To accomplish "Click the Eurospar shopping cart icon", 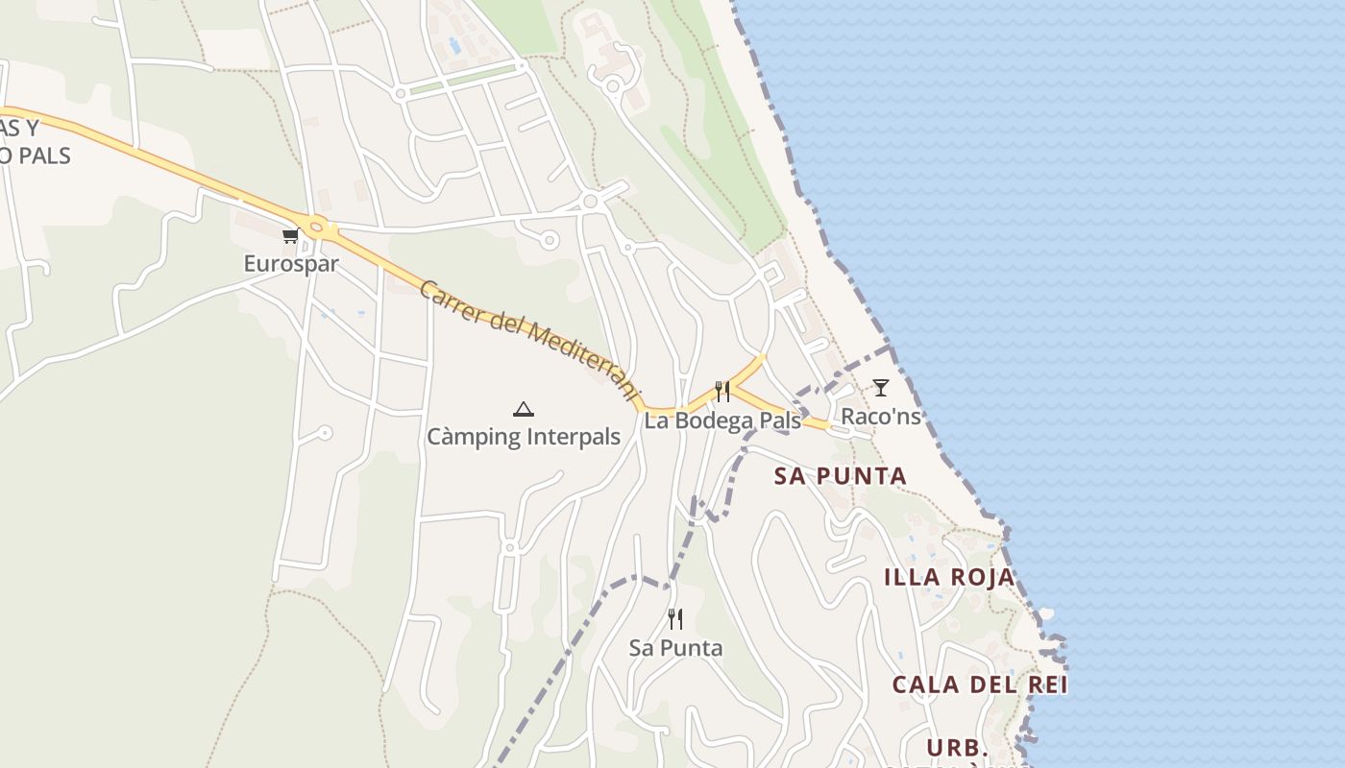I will [289, 235].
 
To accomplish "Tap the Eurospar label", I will [291, 263].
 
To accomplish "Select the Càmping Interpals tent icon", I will [523, 410].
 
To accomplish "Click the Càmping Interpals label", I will [524, 438].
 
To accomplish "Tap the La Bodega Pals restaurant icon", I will [722, 391].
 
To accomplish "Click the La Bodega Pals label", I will [722, 420].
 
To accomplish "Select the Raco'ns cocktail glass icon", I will [880, 388].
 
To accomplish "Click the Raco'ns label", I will [880, 416].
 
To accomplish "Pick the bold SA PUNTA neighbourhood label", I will [841, 476].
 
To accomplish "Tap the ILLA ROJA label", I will [949, 577].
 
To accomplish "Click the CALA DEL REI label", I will [980, 684].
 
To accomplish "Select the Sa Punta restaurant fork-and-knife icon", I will [675, 619].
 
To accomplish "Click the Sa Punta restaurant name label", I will [675, 648].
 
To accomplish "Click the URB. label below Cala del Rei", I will [958, 747].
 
